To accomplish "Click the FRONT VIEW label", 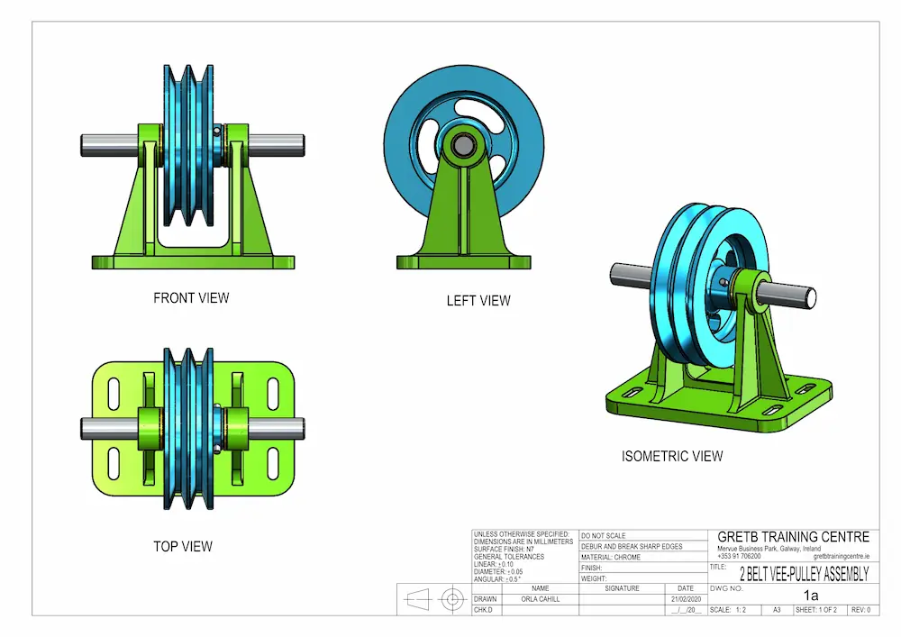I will (191, 298).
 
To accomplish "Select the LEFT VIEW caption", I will (478, 301).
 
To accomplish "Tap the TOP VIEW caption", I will (183, 546).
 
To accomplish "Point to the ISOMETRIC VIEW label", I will (672, 457).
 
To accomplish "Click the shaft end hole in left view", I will (464, 144).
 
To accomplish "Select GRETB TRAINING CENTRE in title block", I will (793, 537).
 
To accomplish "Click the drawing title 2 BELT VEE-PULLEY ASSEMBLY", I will (804, 574).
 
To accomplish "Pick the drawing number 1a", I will (811, 596).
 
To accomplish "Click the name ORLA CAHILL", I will (541, 599).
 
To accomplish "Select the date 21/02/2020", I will (686, 599).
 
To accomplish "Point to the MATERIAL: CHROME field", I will (613, 558).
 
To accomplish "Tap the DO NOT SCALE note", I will (605, 536).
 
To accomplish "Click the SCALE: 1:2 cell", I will (728, 610).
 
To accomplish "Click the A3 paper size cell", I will (777, 610).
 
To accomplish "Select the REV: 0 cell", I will (860, 610).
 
